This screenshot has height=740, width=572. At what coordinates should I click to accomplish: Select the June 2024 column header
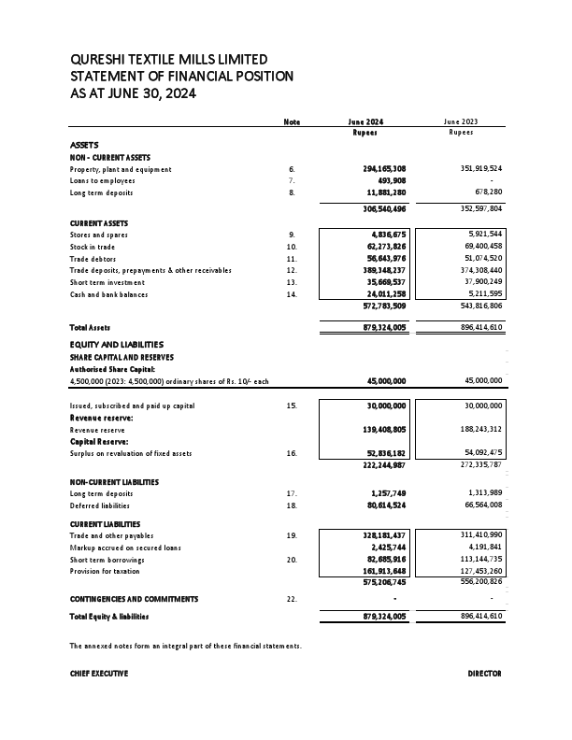365,122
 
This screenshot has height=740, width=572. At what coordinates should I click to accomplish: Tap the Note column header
292,122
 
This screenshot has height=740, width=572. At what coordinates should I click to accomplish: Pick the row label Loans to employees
103,180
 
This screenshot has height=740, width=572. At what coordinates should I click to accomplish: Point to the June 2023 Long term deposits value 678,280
484,192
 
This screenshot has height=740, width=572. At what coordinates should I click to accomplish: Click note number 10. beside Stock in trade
292,246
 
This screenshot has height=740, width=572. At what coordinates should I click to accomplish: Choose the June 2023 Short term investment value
479,282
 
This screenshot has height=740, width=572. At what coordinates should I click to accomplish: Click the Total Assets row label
91,328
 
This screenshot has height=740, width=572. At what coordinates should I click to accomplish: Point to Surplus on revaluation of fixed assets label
131,453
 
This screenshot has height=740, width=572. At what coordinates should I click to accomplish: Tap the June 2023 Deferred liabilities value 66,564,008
479,505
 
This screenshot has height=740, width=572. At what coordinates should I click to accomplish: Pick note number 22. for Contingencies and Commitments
292,599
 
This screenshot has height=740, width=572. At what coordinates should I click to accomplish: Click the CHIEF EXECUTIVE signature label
99,674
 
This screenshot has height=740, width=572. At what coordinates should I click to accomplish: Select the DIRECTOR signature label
484,674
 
